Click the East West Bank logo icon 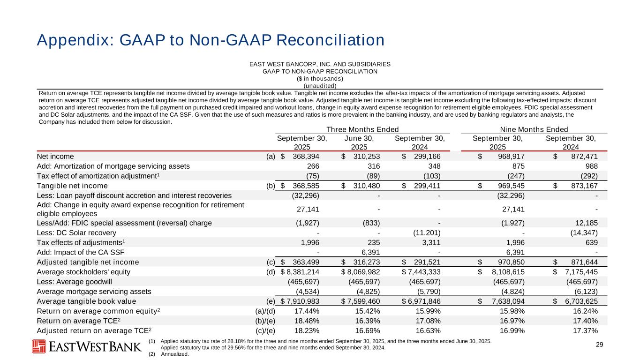pyautogui.click(x=39, y=346)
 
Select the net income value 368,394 pyautogui.click(x=308, y=156)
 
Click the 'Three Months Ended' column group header pyautogui.click(x=362, y=129)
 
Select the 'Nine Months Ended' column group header pyautogui.click(x=534, y=129)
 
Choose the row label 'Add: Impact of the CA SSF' pyautogui.click(x=79, y=252)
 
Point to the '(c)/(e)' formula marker pyautogui.click(x=264, y=330)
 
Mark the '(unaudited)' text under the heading pyautogui.click(x=320, y=85)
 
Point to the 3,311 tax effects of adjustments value pyautogui.click(x=430, y=242)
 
